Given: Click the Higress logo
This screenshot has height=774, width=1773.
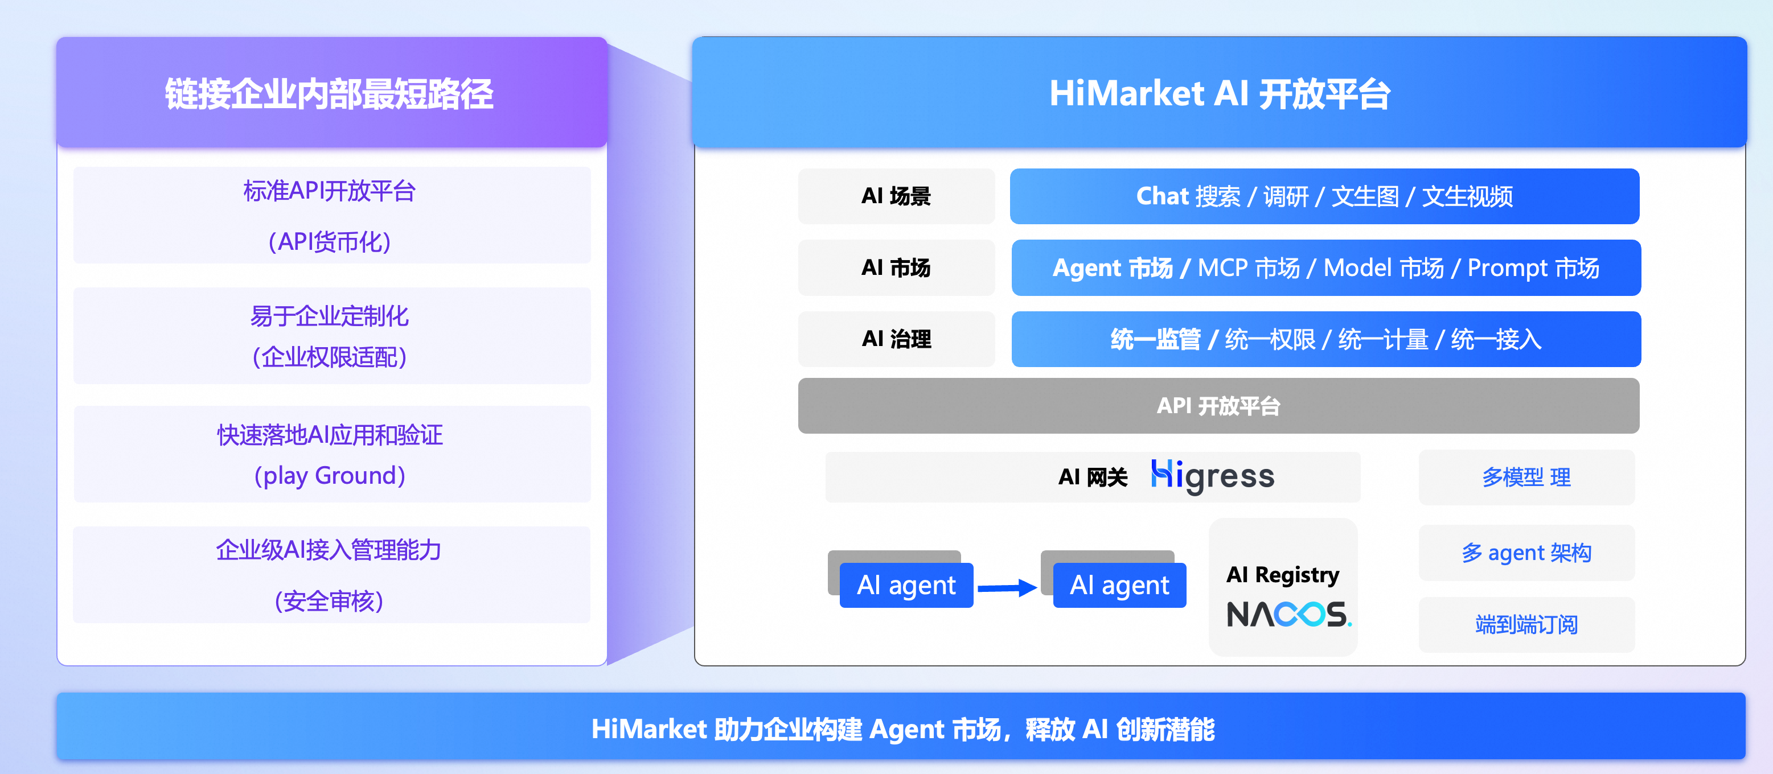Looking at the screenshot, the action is (1212, 476).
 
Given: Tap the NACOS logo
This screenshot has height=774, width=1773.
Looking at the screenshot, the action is (1288, 615).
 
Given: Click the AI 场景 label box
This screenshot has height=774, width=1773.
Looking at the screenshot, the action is (896, 197).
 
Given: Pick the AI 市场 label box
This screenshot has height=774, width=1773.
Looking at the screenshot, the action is (896, 267).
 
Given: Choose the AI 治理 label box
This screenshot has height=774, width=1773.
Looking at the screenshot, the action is (896, 339).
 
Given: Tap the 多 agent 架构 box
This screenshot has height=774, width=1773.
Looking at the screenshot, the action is (1526, 553).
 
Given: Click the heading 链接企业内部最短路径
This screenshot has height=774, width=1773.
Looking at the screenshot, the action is (329, 94).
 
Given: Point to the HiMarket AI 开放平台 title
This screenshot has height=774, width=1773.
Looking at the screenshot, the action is (1219, 94).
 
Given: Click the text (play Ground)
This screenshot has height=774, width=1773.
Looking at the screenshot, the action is (330, 475).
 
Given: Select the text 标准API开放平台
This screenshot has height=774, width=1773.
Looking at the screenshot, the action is (330, 191).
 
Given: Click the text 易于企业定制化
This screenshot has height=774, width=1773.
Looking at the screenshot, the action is (330, 316).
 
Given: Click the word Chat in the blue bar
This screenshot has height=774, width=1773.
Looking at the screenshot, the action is (1162, 197).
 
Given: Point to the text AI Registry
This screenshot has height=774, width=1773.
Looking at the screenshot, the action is (1282, 574).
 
